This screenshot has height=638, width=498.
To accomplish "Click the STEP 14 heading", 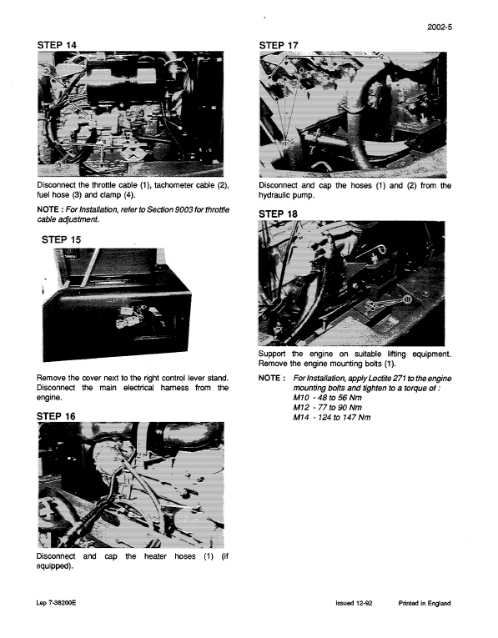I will point(62,43).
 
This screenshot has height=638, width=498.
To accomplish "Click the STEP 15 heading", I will point(64,240).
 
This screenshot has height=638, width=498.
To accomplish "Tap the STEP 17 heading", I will point(284,43).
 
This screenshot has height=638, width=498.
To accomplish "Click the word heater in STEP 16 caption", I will point(145,556).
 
